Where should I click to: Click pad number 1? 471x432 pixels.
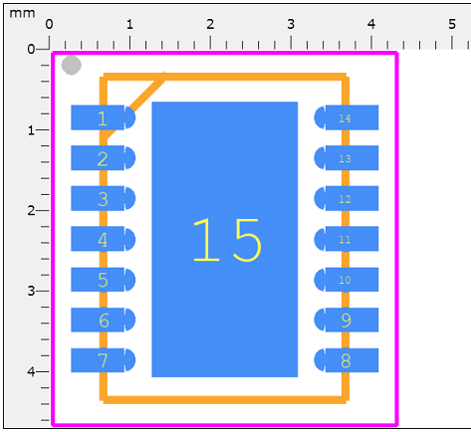(103, 117)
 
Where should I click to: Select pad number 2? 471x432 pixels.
(103, 158)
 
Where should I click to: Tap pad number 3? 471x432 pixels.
(103, 198)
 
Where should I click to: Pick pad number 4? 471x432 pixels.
(103, 239)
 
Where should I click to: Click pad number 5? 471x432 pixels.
(103, 280)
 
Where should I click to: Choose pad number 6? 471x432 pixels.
(103, 321)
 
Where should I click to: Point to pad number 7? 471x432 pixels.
(103, 360)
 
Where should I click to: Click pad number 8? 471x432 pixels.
(347, 360)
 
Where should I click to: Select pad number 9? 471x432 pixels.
(347, 321)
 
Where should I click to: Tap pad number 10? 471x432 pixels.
(347, 280)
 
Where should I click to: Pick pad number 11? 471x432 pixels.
(347, 239)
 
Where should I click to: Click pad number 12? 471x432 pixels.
(347, 198)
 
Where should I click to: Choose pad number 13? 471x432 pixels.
(347, 158)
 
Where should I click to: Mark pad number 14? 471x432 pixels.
(347, 117)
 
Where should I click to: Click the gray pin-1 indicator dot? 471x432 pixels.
(71, 66)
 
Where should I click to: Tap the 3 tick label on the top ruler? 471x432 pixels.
(291, 22)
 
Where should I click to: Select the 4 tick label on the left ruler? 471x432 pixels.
(31, 371)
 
